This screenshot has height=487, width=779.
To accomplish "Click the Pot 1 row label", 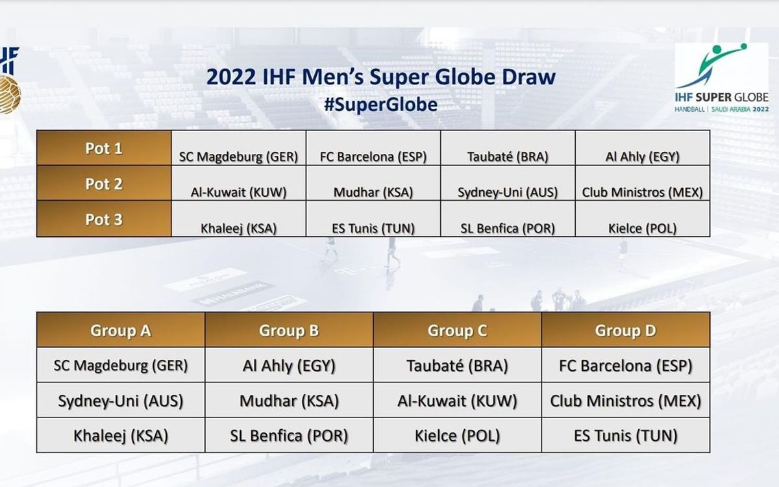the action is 104,149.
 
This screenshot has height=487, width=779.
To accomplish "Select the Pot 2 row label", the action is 104,184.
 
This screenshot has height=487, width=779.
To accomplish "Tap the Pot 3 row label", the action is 104,219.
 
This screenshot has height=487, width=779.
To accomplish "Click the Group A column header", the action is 121,331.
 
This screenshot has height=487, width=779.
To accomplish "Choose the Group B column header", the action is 289,331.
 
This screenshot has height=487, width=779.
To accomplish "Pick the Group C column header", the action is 457,331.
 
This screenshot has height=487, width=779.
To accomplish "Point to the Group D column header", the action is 626,331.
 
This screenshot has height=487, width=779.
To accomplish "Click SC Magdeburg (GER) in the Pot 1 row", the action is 239,157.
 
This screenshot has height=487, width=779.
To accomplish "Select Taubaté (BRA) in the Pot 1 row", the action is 508,157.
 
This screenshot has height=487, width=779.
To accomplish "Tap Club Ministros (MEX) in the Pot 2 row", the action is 642,192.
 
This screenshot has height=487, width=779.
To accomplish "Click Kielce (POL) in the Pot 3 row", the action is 642,229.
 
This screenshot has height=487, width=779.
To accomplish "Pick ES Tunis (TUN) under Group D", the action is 626,436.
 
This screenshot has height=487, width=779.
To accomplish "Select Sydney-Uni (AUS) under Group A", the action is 121,401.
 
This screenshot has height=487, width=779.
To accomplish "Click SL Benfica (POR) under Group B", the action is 289,436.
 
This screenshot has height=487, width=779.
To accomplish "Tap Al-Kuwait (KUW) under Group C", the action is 457,401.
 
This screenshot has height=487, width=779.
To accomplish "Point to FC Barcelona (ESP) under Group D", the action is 626,366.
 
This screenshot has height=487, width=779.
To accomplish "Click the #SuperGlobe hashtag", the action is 381,105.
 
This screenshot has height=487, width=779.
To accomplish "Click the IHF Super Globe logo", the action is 722,78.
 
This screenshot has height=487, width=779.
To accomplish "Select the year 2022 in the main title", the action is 231,77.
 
